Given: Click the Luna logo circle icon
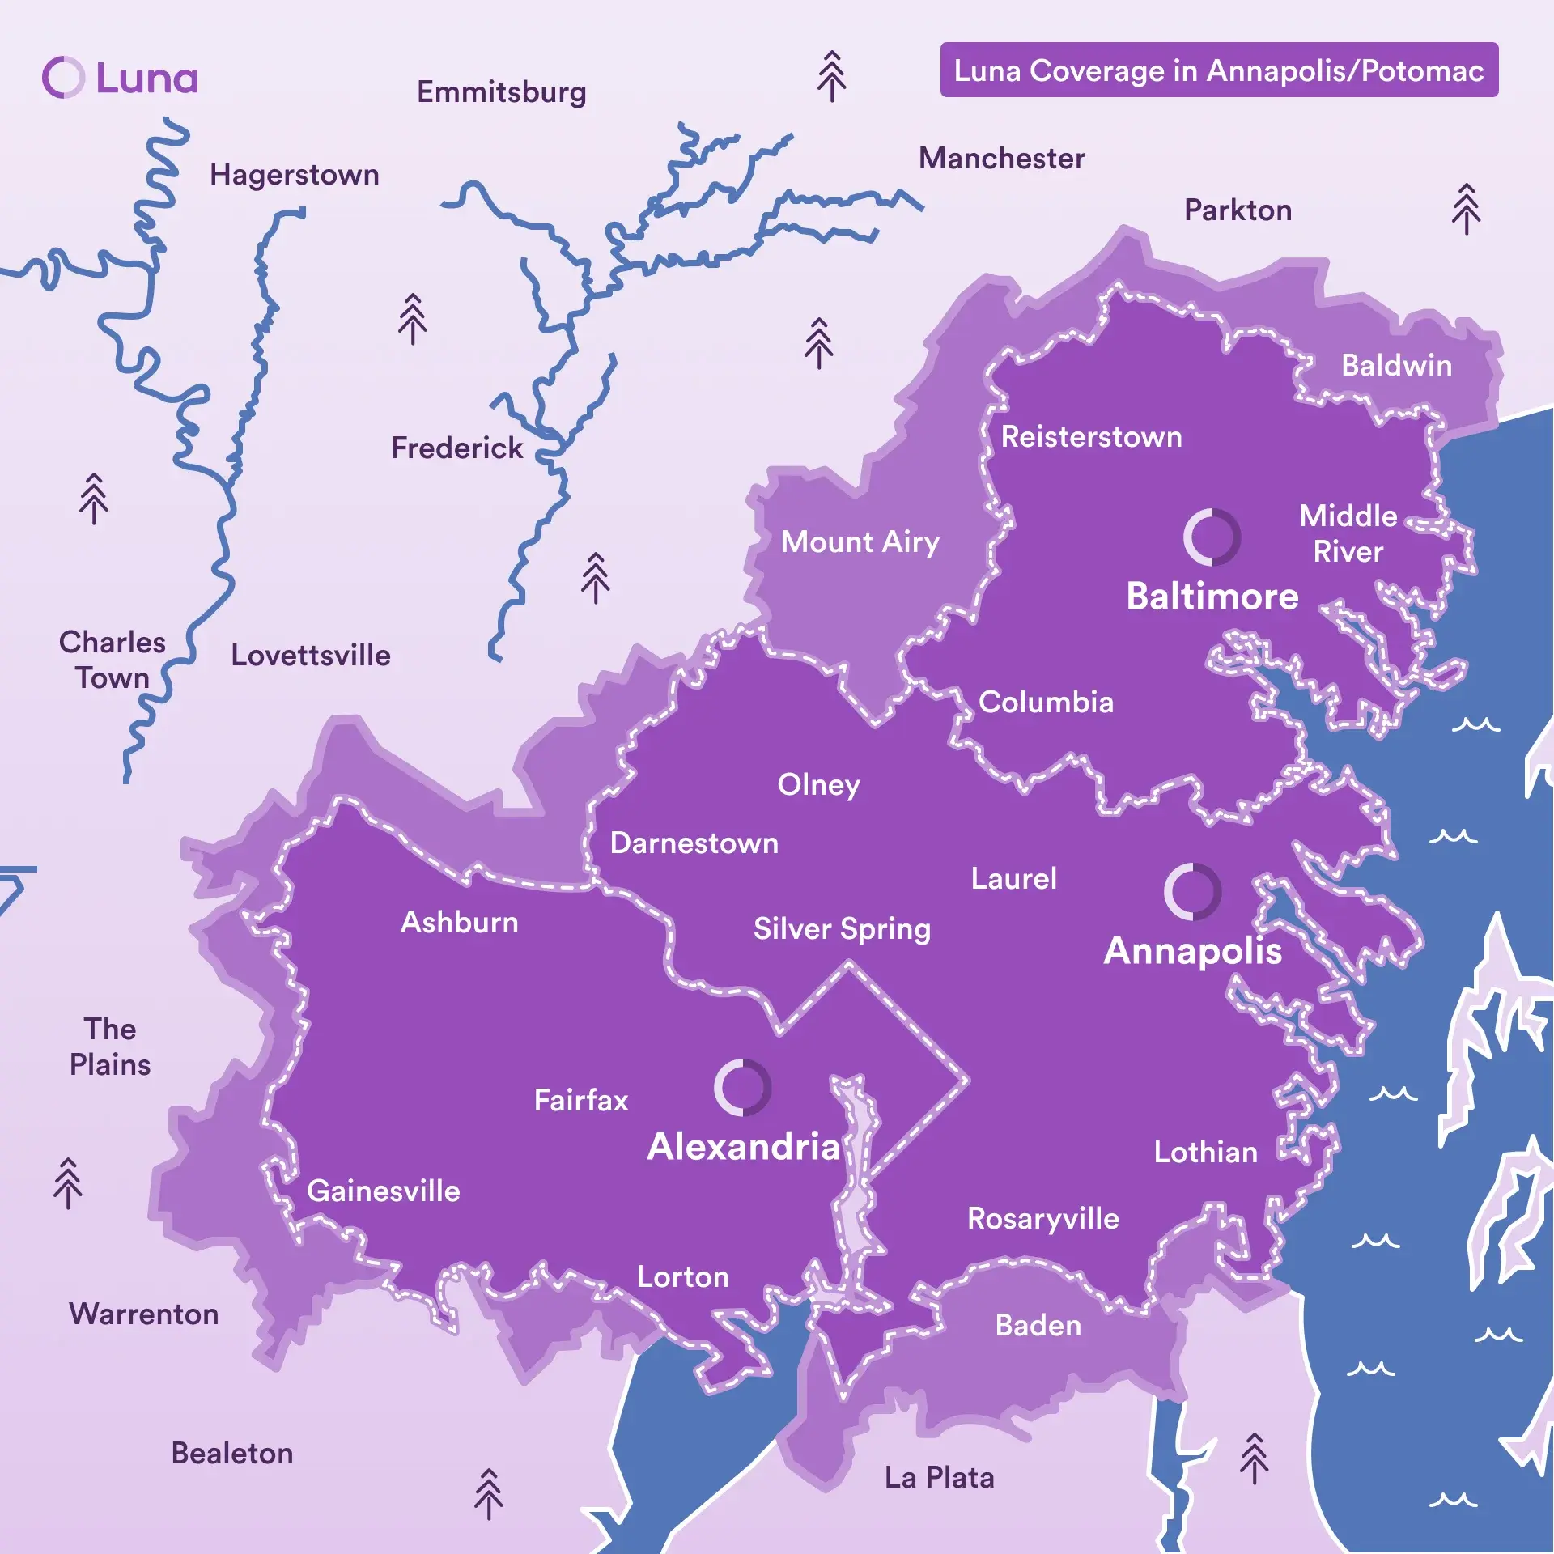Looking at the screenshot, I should tap(63, 78).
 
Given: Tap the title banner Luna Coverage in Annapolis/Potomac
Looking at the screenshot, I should tap(1218, 70).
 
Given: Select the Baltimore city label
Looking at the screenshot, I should tap(1212, 597).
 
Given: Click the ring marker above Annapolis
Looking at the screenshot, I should tap(1192, 891).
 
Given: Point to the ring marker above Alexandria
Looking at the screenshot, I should tap(742, 1087).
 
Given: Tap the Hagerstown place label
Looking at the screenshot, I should tap(294, 175).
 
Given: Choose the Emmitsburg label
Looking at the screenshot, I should tap(501, 92).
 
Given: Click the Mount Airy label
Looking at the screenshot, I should tap(860, 541).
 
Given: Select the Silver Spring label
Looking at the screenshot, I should tap(842, 928).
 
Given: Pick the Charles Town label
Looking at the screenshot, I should tap(112, 660).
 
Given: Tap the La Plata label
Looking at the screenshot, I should tap(939, 1478).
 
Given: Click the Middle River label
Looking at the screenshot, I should tap(1348, 533).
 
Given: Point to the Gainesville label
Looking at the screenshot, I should tap(383, 1191).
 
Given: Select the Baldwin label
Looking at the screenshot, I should tap(1396, 365).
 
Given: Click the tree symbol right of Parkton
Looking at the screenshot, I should tap(1466, 209).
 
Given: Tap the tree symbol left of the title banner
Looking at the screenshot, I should tap(831, 77).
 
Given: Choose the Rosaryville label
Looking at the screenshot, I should tap(1042, 1218).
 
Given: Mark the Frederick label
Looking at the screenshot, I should tap(456, 448).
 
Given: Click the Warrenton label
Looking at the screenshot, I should tap(143, 1314).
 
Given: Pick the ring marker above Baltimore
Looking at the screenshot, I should tap(1212, 537).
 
